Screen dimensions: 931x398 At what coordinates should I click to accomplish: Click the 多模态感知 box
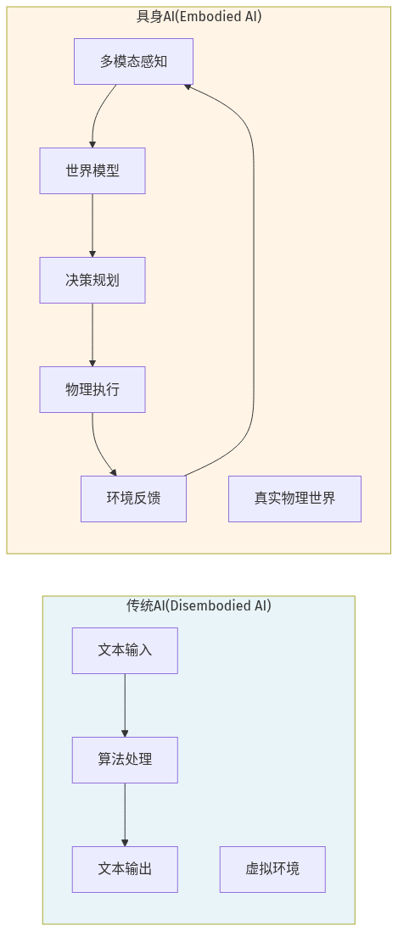133,61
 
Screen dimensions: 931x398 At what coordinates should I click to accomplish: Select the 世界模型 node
92,170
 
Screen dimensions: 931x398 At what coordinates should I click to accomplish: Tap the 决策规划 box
92,280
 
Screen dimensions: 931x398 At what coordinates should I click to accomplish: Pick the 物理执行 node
92,389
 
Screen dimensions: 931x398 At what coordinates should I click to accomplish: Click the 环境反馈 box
133,499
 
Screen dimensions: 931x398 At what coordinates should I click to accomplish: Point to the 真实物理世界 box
294,499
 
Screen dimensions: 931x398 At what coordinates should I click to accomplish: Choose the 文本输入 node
125,650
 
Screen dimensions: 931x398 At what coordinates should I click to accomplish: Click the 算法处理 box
125,760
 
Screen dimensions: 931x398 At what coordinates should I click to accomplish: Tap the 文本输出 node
125,869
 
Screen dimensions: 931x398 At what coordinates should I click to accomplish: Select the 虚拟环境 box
272,869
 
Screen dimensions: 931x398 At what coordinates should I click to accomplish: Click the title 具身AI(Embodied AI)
199,16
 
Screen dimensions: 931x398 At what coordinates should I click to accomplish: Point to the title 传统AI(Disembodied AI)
199,605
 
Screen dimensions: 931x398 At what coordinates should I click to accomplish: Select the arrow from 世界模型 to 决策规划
92,225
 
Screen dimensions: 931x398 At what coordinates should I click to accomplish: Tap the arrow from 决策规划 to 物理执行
92,334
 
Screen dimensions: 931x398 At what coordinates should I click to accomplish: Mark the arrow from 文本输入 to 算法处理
125,705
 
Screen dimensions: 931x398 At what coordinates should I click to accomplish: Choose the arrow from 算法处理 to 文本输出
125,814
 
